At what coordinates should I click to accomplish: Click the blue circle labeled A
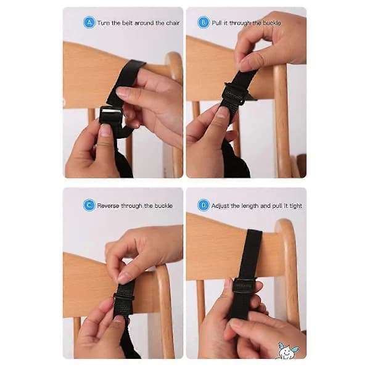tap(89, 22)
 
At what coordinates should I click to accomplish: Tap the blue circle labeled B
tap(203, 22)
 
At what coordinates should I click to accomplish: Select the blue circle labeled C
tap(89, 205)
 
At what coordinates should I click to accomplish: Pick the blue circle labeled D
tap(203, 205)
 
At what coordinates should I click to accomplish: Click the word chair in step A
tap(173, 23)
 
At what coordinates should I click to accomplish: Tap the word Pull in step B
tap(216, 23)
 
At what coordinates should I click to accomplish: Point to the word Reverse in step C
tap(108, 206)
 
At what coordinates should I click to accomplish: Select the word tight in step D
tap(296, 206)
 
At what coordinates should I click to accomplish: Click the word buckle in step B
tap(272, 23)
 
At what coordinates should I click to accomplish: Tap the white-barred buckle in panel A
tap(110, 115)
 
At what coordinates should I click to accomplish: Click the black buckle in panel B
tap(234, 94)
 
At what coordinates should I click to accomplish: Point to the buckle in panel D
tap(244, 286)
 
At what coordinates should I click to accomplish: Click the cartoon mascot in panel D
tap(287, 351)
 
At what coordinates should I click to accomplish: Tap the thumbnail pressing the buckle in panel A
tap(105, 131)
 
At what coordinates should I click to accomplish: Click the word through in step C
tap(132, 206)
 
